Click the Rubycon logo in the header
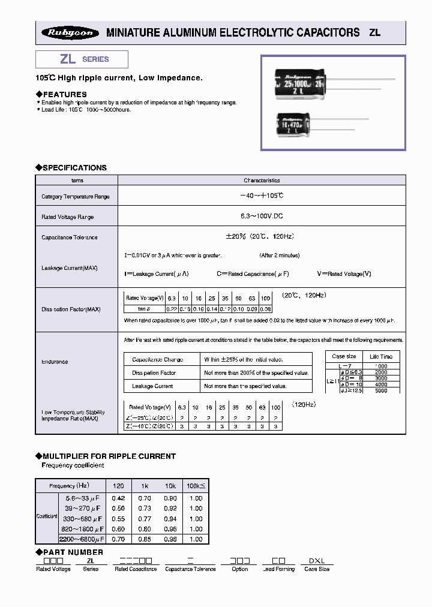(x=70, y=33)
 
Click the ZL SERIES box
(x=82, y=59)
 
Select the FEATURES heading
(x=64, y=94)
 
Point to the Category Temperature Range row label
(x=76, y=197)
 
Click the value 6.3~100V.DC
(x=262, y=217)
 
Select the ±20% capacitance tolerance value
(x=262, y=237)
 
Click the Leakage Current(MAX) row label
(x=70, y=268)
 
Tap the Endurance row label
(x=55, y=362)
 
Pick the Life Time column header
(x=381, y=356)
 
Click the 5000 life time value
(x=381, y=390)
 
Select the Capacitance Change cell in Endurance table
(x=158, y=360)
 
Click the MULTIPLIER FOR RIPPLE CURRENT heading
(x=109, y=456)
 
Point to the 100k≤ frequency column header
(x=196, y=485)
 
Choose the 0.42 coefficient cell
(x=119, y=498)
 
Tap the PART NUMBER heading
(x=73, y=552)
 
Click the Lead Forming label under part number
(x=278, y=569)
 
